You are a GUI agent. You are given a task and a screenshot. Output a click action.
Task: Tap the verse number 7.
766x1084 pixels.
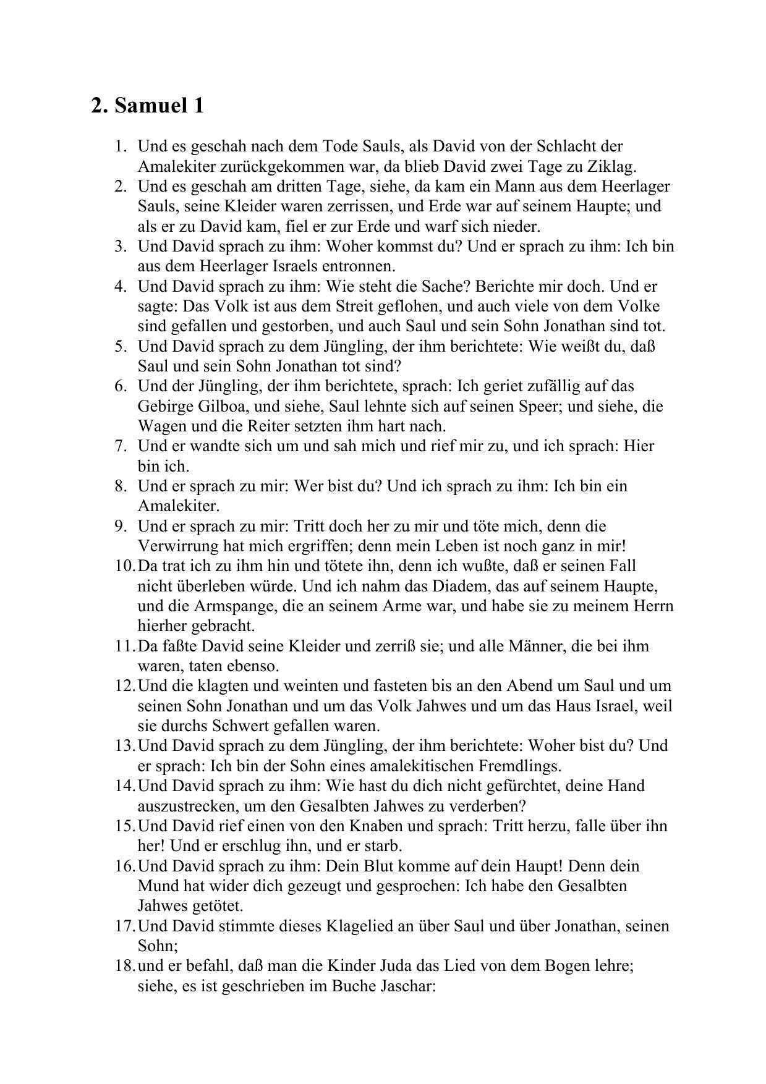point(120,446)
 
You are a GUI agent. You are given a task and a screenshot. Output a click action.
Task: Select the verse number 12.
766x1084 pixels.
point(124,686)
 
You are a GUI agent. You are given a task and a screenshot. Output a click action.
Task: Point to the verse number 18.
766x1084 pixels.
point(124,966)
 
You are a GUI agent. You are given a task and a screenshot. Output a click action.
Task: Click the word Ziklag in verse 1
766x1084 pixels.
point(614,166)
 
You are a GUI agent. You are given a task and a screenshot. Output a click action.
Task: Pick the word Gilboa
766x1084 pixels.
point(222,407)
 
